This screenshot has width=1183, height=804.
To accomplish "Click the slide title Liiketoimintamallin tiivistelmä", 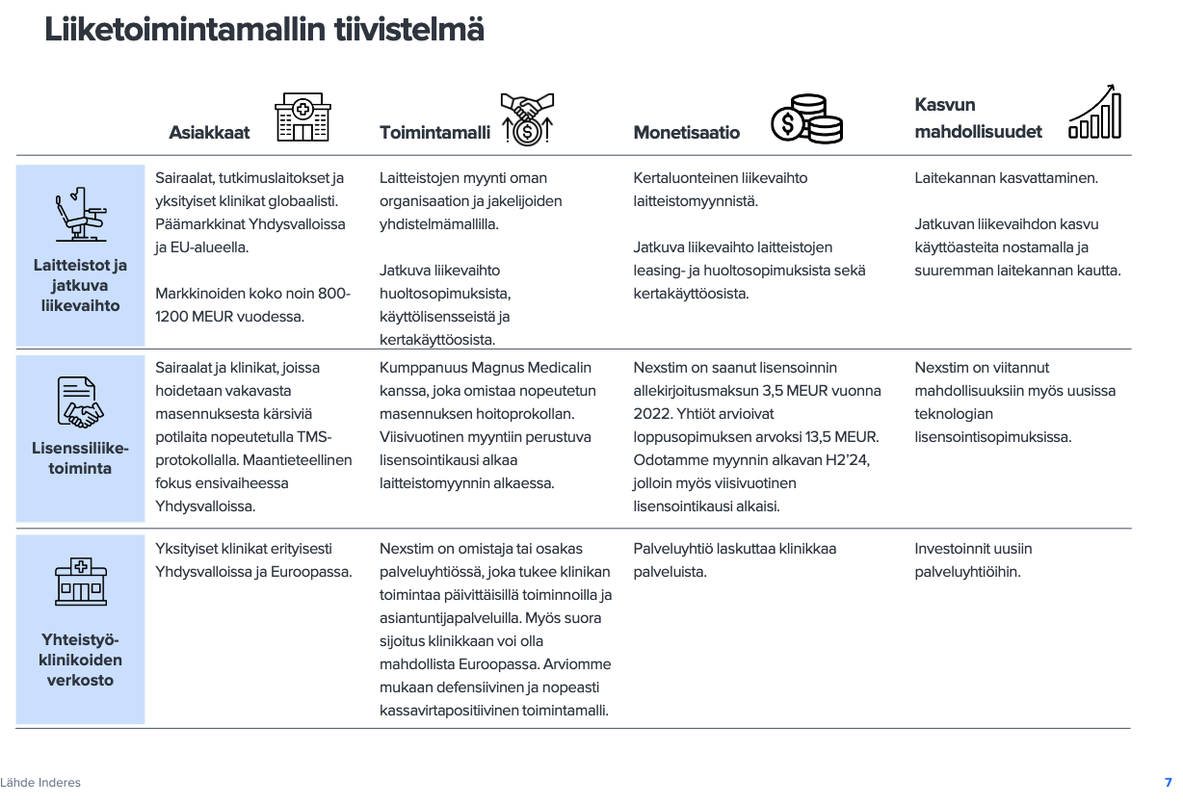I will point(264,30).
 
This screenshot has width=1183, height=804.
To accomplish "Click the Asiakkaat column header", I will point(209,133).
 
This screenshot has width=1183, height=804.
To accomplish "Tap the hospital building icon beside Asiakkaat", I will point(302,118).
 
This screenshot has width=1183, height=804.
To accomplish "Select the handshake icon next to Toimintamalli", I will point(527,118).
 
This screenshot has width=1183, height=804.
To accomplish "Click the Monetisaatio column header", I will point(686,133).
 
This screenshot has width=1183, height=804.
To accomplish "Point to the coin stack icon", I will point(806,119).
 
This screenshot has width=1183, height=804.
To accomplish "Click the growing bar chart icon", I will point(1095,112).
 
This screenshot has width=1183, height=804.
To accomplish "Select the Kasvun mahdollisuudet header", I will point(978,118).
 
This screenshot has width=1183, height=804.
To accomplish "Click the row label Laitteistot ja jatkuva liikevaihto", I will point(81,286).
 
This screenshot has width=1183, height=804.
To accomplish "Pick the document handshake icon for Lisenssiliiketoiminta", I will point(81,402).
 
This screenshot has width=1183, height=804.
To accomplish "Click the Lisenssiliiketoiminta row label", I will point(81,458).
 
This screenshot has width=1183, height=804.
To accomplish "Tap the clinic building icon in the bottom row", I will point(81,582).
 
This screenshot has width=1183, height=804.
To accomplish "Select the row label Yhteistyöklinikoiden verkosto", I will point(81,660).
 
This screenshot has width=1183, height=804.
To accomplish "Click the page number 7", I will point(1168,783).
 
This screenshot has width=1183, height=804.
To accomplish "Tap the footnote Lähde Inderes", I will point(40,783).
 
